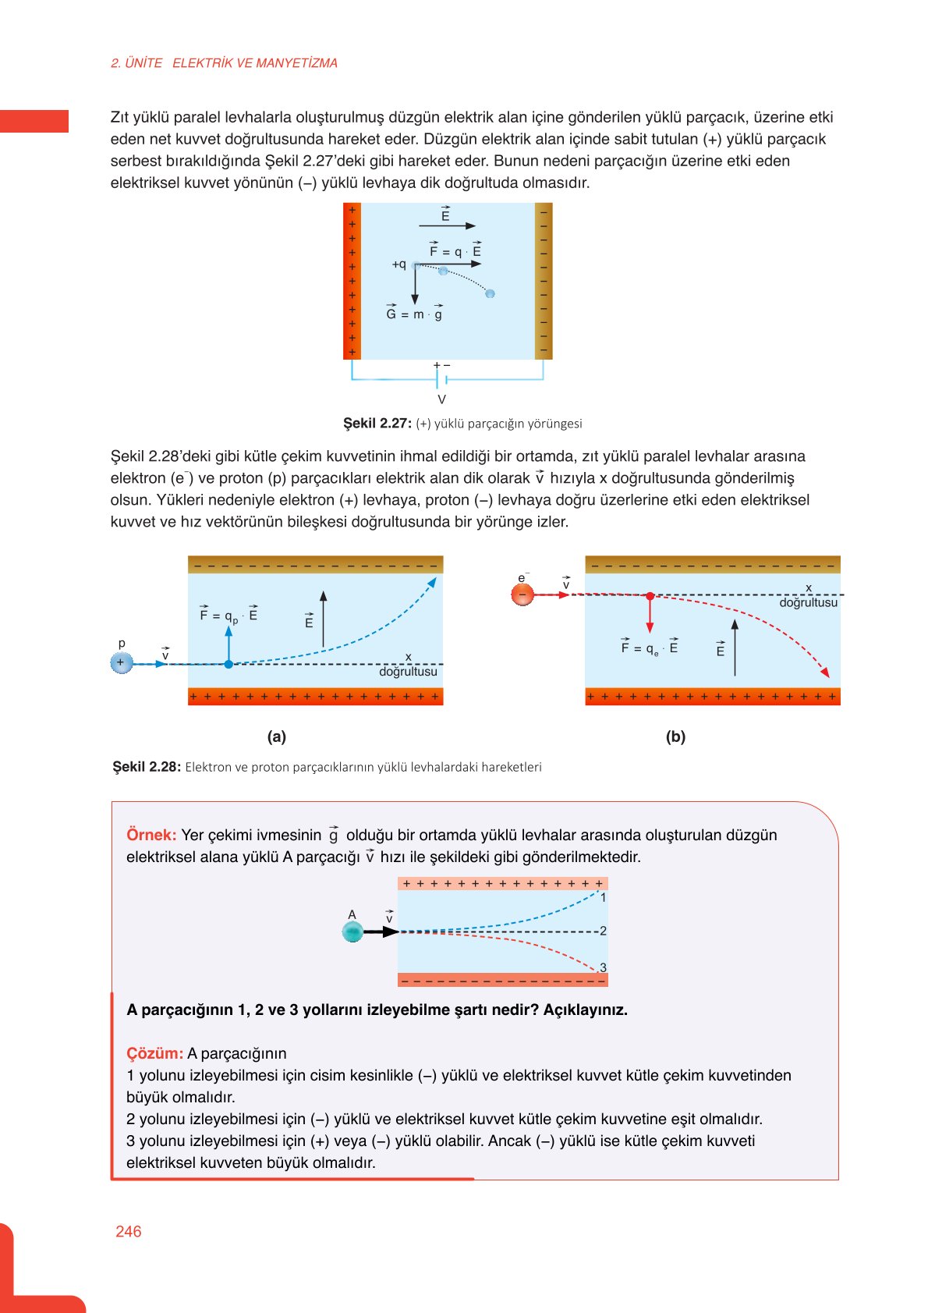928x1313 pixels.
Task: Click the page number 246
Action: [x=128, y=1231]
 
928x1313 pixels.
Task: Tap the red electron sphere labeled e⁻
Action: [x=522, y=595]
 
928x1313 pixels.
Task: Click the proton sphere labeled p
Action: [x=121, y=663]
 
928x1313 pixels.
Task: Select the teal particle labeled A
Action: [x=352, y=932]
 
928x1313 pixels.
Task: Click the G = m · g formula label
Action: [x=414, y=314]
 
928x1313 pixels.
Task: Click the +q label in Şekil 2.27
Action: [x=398, y=264]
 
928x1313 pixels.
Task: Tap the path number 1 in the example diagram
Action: [x=603, y=898]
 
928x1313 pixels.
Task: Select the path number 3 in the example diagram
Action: [x=603, y=967]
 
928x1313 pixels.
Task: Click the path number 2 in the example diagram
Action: [x=603, y=931]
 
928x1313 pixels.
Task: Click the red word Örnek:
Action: [x=151, y=835]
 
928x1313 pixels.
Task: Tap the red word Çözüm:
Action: [x=154, y=1053]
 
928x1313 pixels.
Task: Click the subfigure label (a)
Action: [x=276, y=736]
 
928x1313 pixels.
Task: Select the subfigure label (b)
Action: [x=675, y=736]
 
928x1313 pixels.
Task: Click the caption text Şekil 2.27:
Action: [x=377, y=424]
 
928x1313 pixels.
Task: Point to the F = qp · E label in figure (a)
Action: [x=228, y=616]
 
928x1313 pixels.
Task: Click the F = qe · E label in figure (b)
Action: [x=649, y=648]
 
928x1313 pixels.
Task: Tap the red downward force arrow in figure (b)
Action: [x=650, y=615]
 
